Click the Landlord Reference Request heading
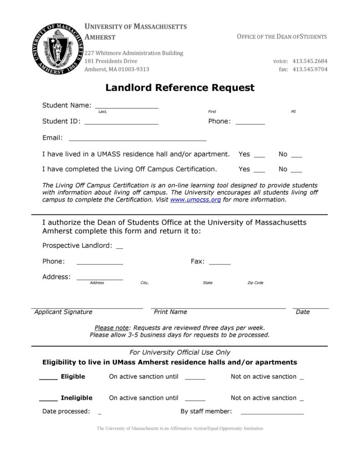point(180,88)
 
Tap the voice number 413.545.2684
point(310,61)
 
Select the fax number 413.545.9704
point(310,69)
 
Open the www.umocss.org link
point(195,200)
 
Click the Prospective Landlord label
point(77,246)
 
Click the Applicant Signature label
point(63,312)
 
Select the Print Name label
point(170,312)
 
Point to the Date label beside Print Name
point(303,312)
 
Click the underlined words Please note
point(112,327)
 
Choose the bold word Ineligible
point(77,398)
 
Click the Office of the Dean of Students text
point(282,36)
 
